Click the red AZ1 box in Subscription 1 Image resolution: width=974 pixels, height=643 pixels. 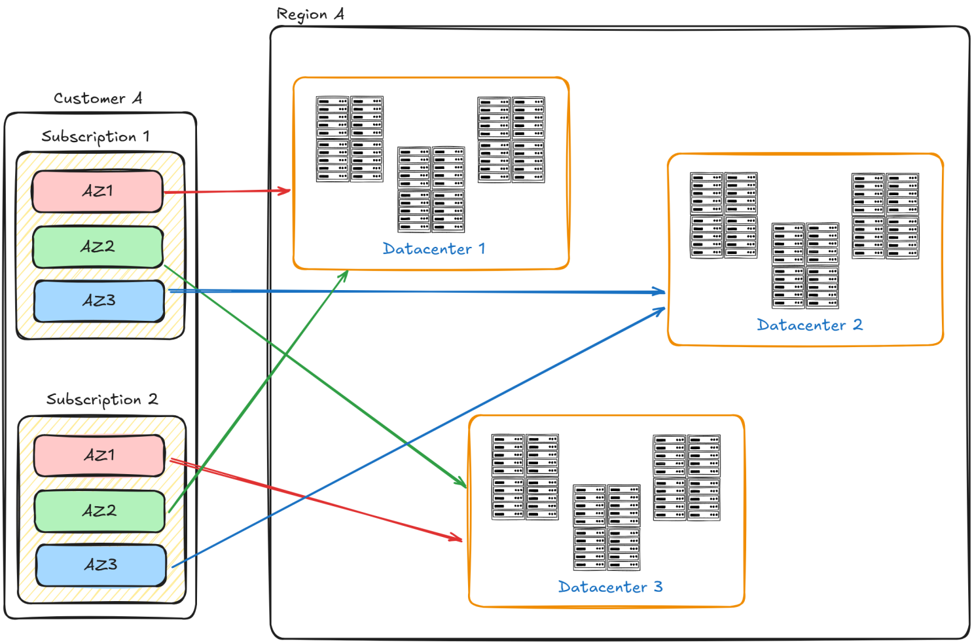(97, 191)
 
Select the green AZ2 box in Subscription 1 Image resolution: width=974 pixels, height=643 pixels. (98, 247)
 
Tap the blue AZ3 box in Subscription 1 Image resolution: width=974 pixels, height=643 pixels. (99, 301)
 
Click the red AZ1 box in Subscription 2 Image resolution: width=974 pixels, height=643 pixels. (99, 455)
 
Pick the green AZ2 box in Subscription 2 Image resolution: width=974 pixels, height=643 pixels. (99, 511)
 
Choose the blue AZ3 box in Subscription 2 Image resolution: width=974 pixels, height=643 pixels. (101, 565)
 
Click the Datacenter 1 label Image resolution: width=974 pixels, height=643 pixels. (433, 249)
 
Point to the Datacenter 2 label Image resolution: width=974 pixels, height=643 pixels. (809, 325)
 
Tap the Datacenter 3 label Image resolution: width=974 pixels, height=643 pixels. (610, 587)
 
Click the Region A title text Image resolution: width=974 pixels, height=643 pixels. (310, 14)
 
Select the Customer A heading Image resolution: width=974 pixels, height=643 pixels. (98, 98)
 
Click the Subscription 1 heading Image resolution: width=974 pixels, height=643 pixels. (96, 136)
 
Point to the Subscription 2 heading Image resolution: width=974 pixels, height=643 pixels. (101, 399)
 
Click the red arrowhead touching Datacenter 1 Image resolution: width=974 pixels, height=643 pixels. (285, 191)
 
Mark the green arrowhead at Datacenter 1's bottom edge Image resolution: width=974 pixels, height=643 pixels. (343, 275)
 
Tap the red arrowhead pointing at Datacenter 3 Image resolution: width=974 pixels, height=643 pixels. (456, 538)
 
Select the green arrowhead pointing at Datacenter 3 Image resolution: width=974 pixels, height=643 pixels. (461, 483)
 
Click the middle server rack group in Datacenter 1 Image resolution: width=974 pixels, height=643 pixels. (431, 189)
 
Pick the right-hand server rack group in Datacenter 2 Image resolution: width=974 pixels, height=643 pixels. (885, 215)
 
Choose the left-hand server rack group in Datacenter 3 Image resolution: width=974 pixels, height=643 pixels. (525, 477)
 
